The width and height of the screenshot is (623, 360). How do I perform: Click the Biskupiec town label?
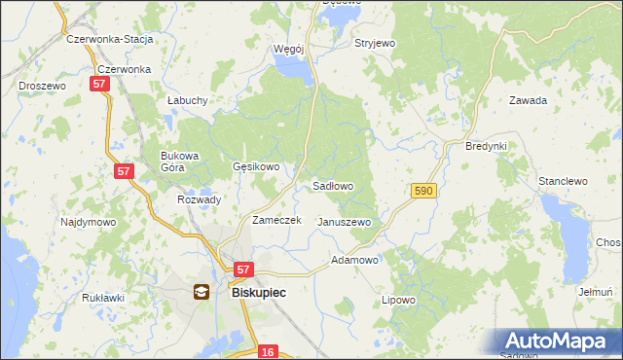click(258, 290)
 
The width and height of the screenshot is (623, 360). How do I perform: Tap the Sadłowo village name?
click(332, 185)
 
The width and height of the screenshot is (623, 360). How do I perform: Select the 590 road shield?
click(422, 193)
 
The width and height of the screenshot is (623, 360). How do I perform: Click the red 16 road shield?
click(269, 351)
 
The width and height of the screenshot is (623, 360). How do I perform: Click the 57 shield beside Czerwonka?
click(99, 86)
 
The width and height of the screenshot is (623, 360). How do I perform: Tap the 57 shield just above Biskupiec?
click(243, 270)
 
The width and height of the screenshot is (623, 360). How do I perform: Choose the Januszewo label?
click(345, 222)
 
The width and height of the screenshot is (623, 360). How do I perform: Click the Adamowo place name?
click(355, 261)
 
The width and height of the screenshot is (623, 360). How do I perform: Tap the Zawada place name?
click(528, 100)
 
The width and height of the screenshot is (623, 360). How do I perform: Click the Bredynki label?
click(487, 146)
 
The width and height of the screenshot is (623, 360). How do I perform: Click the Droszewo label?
click(42, 86)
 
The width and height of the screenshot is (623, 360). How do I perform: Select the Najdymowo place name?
click(89, 222)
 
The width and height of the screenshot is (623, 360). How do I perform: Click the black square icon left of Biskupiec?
click(201, 290)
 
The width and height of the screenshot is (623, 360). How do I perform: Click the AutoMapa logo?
click(558, 341)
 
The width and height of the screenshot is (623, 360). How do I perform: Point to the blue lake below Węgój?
click(293, 68)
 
